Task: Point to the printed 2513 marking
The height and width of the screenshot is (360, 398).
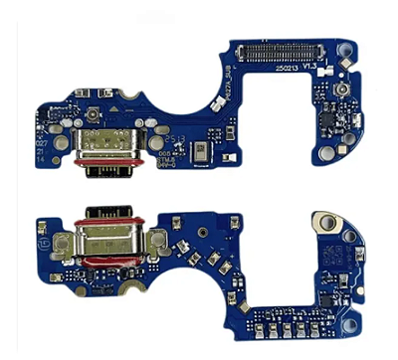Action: [x=176, y=140]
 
